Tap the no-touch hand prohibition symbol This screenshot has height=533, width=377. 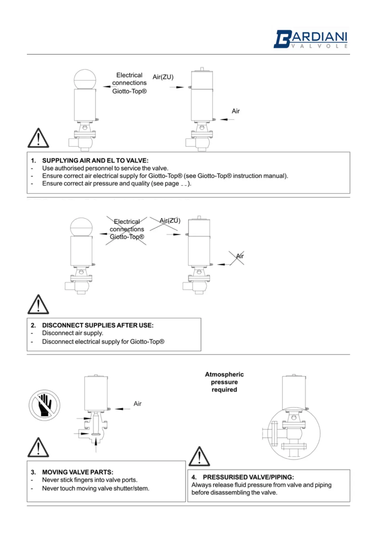click(x=44, y=405)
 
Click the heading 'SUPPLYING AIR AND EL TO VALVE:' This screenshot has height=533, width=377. click(x=95, y=160)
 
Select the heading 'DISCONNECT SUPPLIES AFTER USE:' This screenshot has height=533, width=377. click(x=97, y=325)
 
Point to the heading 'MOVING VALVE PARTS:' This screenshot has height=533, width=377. click(x=78, y=472)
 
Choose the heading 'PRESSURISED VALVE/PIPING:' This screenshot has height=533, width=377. click(x=248, y=477)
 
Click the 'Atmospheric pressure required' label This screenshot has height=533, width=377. click(x=224, y=382)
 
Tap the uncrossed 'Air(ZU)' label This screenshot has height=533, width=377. click(x=163, y=77)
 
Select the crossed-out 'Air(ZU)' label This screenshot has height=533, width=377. click(x=170, y=221)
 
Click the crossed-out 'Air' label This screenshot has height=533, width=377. click(x=240, y=256)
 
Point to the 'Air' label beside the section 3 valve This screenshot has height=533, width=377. click(x=137, y=404)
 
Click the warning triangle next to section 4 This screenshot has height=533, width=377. click(x=199, y=457)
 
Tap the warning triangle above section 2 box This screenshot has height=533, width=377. click(x=38, y=304)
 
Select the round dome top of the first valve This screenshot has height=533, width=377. click(x=85, y=79)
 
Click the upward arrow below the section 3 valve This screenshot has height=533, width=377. click(x=96, y=445)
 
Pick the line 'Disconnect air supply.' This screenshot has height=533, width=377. click(x=72, y=333)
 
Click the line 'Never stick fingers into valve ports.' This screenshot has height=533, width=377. click(x=90, y=480)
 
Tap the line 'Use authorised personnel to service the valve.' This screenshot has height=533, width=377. click(x=105, y=168)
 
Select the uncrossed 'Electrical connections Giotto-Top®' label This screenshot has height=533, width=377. click(x=129, y=83)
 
